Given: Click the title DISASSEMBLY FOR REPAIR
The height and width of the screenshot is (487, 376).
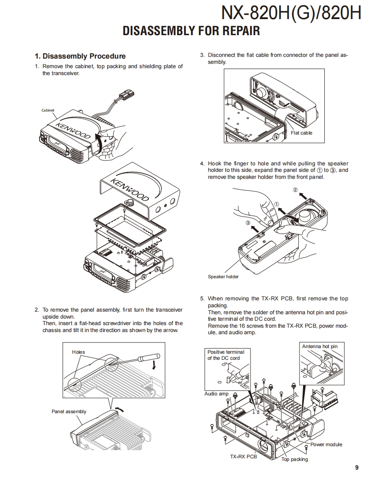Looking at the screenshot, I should (x=191, y=31).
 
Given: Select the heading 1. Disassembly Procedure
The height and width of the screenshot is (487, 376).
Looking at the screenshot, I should (x=80, y=56).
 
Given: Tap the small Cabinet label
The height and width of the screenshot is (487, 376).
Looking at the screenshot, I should (x=48, y=110).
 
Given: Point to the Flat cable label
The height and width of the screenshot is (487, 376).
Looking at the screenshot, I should (x=301, y=133).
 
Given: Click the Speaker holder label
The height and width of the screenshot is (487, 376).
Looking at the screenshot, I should (x=223, y=276).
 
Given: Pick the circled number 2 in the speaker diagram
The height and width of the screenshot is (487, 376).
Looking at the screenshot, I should (x=295, y=190).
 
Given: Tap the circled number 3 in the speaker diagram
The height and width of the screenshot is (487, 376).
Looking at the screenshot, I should (x=248, y=223).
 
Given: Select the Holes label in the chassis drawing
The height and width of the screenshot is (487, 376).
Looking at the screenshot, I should (x=78, y=352).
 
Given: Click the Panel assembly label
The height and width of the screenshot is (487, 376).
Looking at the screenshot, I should (x=69, y=411).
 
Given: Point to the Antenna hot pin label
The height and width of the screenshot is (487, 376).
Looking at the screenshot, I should (x=320, y=346).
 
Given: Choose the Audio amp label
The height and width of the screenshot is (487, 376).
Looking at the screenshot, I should (x=216, y=394).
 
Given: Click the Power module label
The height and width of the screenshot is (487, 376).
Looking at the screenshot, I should (x=326, y=444).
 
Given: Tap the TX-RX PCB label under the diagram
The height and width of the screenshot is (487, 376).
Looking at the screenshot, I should (x=243, y=457).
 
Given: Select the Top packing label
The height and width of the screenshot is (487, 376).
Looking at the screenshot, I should (x=294, y=459).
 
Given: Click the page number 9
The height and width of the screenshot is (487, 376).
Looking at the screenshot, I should (x=356, y=467).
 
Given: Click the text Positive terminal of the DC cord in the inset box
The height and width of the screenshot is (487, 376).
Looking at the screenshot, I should (x=226, y=355).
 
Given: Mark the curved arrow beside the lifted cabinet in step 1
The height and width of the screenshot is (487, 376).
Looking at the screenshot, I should (x=99, y=141).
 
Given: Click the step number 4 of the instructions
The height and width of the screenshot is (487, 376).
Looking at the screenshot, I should (x=202, y=164).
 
